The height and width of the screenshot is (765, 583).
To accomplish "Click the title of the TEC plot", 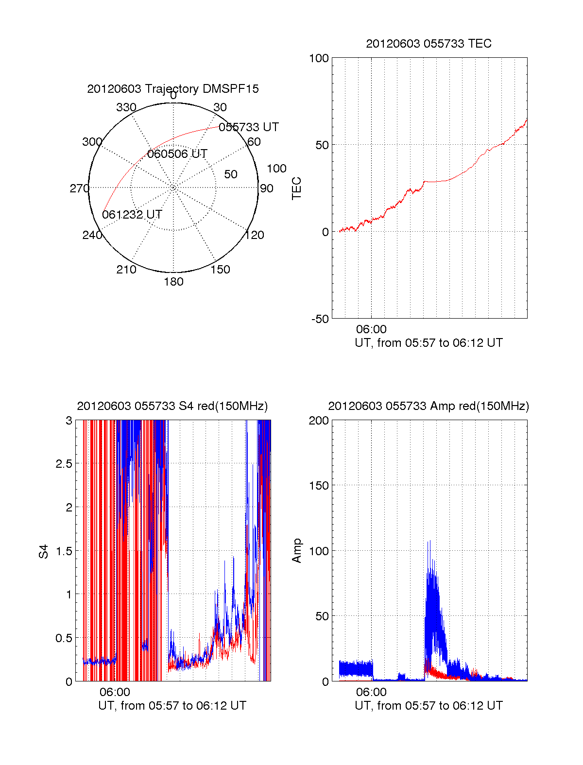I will [429, 44].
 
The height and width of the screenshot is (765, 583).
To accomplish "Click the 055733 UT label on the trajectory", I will [249, 127].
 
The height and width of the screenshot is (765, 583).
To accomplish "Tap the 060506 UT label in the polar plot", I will [177, 154].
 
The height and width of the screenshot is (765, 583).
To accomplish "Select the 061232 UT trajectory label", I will [132, 215].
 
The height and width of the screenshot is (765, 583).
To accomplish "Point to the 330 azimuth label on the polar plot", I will [126, 107].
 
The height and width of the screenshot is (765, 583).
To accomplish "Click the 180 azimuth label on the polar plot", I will [173, 282].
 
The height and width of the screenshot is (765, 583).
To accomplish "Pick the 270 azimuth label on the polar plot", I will [79, 188].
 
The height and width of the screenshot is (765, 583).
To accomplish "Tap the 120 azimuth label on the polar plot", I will [255, 236].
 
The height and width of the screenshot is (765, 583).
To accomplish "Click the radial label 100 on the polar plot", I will [276, 169].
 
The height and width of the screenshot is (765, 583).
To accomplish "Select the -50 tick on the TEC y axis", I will [320, 319].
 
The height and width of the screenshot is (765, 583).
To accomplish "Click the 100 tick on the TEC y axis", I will [319, 58].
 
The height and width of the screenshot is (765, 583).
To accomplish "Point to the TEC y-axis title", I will [296, 188].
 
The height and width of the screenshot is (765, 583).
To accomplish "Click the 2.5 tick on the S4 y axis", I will [64, 464].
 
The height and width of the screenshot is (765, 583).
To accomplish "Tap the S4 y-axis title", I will [44, 551].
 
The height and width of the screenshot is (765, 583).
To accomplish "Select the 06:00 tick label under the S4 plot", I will [115, 692].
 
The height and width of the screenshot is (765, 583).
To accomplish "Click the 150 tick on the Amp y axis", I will [319, 486].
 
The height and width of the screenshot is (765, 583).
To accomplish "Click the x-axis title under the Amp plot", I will [429, 706].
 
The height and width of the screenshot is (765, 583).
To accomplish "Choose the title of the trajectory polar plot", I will [173, 89].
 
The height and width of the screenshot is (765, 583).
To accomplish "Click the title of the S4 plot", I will [172, 406].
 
